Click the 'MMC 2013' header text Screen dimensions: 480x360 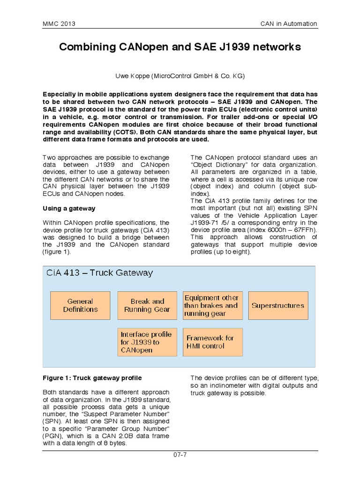59,24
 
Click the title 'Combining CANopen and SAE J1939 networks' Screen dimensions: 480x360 180,48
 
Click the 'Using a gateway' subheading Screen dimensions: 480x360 69,208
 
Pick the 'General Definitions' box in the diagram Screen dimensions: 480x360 80,306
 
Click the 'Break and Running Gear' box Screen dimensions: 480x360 147,306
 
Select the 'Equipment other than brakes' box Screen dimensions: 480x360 211,306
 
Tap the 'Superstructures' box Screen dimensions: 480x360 277,306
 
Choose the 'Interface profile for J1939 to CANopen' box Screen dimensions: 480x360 147,342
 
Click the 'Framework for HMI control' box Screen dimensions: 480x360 211,342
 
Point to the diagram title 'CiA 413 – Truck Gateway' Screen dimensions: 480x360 99,273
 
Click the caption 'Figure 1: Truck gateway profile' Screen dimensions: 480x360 92,378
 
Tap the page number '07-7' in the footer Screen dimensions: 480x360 180,454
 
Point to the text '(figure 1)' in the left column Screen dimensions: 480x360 56,252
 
